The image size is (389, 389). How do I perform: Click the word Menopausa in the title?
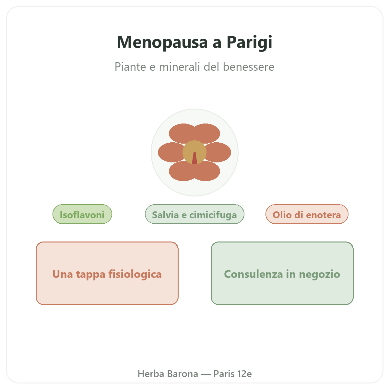coord(162,42)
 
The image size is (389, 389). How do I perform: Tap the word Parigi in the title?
coord(249,43)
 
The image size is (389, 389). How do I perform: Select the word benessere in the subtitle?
coord(249,67)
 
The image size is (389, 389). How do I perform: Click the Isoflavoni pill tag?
coord(82,214)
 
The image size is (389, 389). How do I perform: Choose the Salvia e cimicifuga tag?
coord(194,214)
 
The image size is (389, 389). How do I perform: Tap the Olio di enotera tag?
coord(307,214)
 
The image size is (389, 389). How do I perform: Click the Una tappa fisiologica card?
coord(107,273)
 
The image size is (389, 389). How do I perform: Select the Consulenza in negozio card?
coord(282,273)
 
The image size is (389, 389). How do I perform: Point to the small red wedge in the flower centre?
coord(194,159)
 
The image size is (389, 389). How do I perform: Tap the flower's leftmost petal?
coord(170,152)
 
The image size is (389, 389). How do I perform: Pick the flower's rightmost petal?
coord(219,152)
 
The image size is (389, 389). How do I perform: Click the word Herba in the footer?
coord(151,374)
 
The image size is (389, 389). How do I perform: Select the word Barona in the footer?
coord(183,374)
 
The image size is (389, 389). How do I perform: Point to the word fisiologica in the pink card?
coord(135,274)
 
